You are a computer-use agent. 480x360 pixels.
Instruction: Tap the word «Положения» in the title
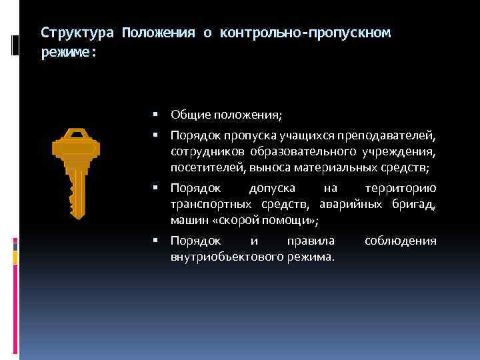158,33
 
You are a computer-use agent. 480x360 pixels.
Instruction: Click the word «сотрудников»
201,151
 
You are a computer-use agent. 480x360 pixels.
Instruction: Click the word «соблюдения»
401,240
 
